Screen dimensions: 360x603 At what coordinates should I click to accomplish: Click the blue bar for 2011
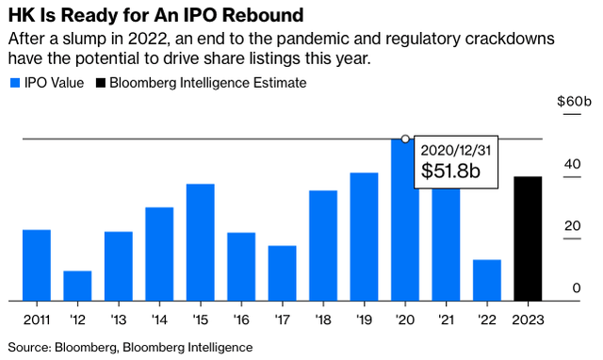37,265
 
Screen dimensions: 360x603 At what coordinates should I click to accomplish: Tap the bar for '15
200,242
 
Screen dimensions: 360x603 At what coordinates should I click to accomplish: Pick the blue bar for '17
282,273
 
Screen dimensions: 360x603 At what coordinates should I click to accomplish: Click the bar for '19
364,237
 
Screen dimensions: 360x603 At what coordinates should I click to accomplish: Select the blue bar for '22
487,280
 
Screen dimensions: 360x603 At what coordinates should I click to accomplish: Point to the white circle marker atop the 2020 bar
405,139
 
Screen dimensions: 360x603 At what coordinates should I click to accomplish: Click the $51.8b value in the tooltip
450,171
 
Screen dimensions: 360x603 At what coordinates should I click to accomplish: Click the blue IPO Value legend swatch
13,83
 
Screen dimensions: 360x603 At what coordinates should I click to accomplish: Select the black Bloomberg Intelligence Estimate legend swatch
101,83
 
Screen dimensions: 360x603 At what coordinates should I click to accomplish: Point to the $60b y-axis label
574,101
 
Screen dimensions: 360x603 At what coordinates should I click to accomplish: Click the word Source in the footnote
29,347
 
